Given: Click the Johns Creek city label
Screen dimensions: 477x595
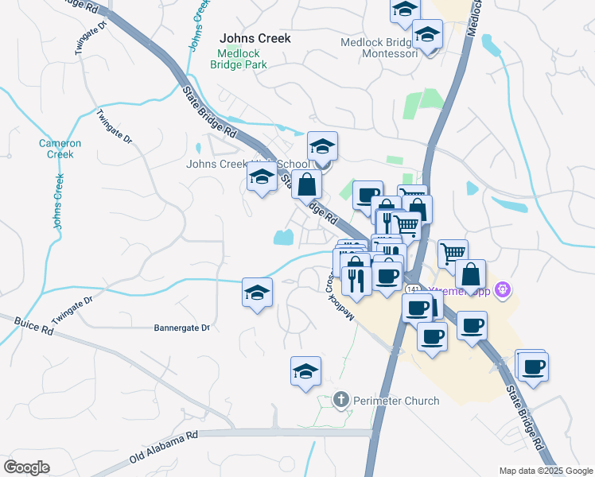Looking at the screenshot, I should pos(255,38).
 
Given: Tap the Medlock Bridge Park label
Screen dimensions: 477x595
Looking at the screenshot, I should pos(239,61).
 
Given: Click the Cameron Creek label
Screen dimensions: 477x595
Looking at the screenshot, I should pos(60,149).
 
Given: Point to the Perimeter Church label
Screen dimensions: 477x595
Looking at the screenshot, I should pos(395,401).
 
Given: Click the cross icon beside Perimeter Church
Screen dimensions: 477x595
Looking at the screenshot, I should pos(341,400).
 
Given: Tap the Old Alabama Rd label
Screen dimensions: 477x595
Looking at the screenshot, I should pos(163,449).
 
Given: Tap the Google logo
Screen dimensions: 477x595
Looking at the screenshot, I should pos(26,467).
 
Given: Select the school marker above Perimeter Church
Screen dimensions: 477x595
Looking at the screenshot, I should pos(305,371).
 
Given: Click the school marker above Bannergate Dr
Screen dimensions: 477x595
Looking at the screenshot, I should pos(257,293).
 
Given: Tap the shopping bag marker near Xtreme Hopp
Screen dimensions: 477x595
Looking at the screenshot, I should pos(471,274).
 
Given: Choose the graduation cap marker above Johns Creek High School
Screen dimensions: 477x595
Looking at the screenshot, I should pos(322,146).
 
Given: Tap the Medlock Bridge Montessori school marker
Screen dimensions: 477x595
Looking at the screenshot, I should pos(428,36).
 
